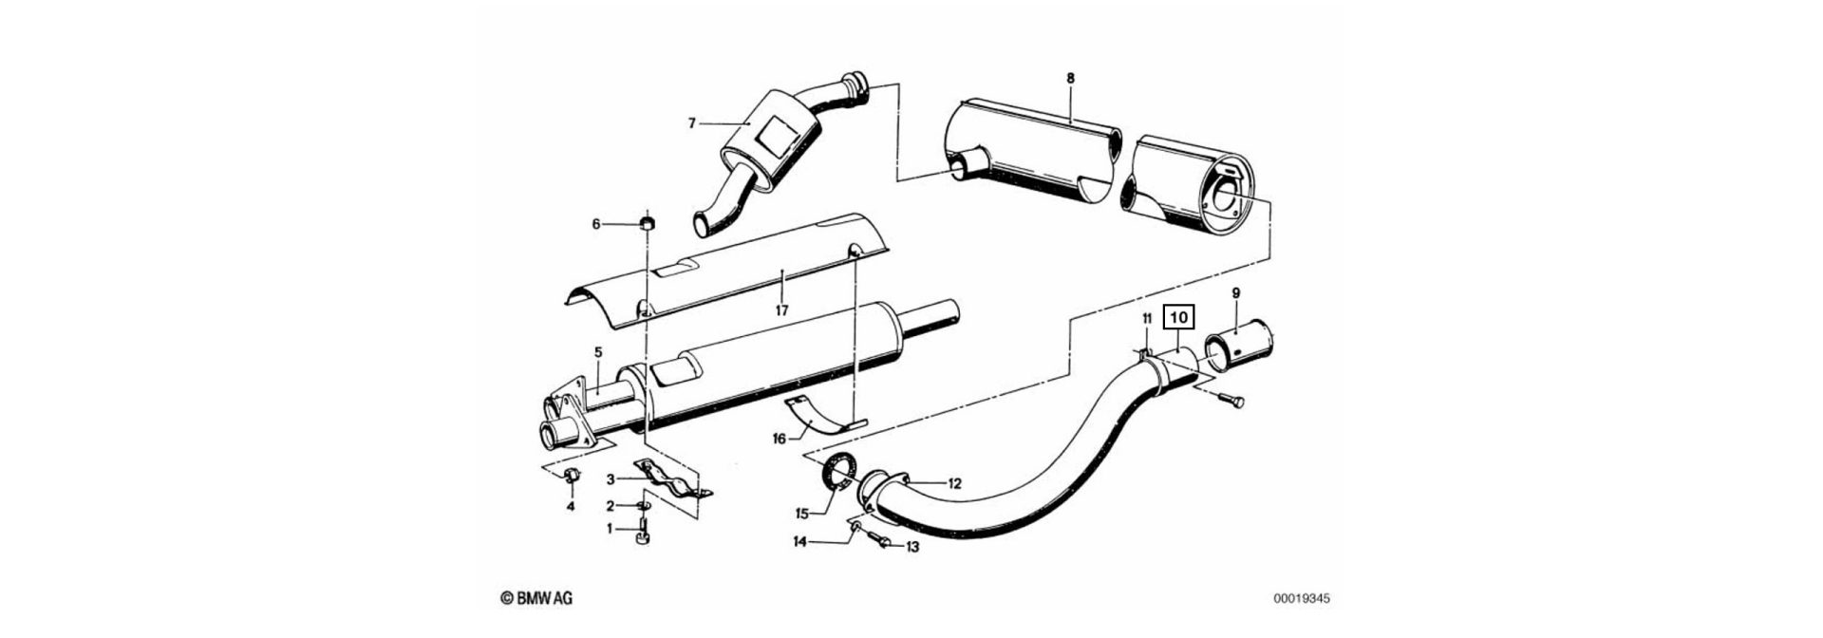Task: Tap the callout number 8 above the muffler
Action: pos(1070,78)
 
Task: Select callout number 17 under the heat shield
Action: pos(781,310)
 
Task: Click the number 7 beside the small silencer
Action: pos(692,122)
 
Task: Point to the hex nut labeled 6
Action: pos(648,224)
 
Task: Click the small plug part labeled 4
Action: pos(572,474)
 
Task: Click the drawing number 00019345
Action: pos(1302,599)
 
